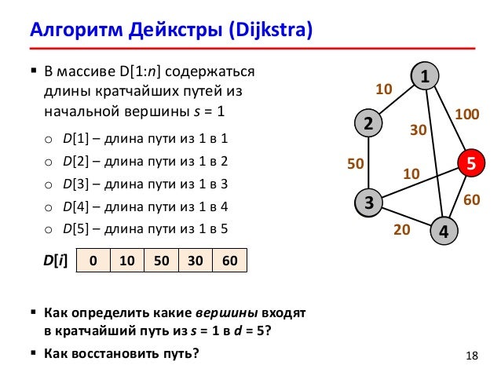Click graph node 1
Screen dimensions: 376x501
pos(425,77)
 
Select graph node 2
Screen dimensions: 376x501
pos(367,123)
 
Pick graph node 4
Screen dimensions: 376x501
pos(444,231)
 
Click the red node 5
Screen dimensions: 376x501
pos(470,163)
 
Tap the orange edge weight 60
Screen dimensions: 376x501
pos(471,200)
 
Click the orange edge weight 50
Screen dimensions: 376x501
pos(355,164)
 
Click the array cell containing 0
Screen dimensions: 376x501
pos(93,261)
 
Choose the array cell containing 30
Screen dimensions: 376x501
pos(196,261)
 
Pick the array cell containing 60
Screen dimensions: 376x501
pos(229,261)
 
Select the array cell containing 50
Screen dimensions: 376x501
pos(162,261)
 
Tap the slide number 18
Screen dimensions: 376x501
pos(471,358)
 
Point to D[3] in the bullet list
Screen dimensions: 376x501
pos(75,184)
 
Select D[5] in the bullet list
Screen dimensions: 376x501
pos(75,229)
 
